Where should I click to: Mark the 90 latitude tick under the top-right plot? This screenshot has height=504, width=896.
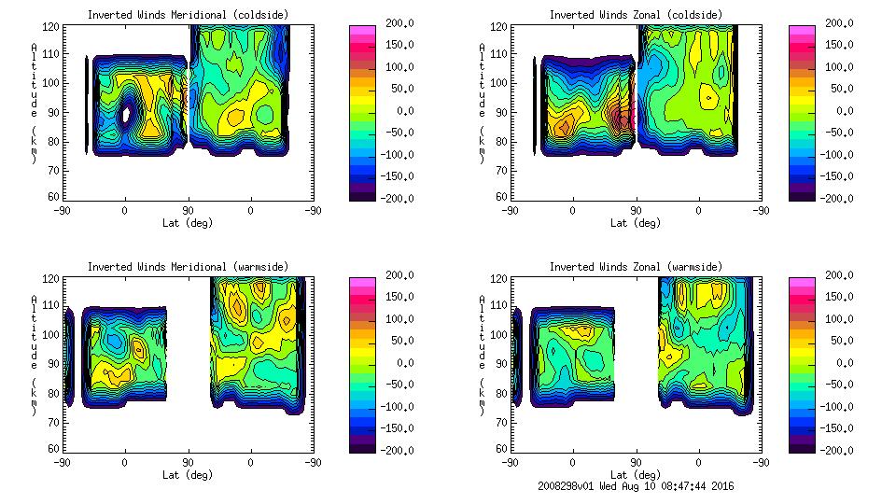pyautogui.click(x=636, y=211)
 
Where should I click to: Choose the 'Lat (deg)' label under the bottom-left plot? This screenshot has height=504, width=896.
pyautogui.click(x=187, y=475)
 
